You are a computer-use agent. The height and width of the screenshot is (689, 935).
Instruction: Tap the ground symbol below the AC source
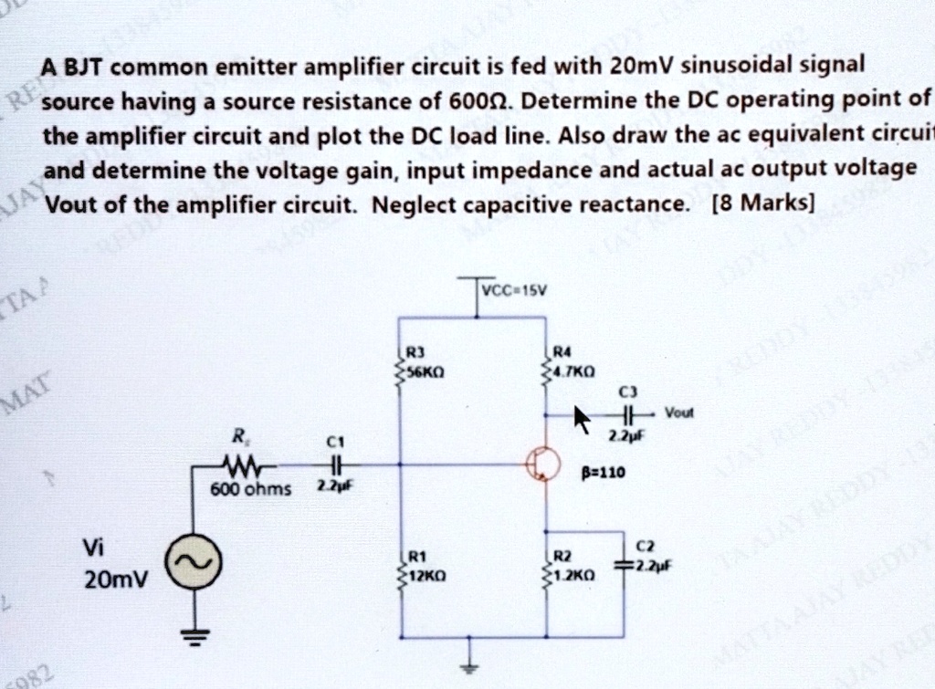coord(194,633)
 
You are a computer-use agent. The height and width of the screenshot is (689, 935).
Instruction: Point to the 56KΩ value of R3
coord(422,372)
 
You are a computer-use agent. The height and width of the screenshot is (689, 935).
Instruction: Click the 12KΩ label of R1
coord(423,578)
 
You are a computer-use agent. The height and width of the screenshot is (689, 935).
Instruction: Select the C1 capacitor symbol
coord(336,464)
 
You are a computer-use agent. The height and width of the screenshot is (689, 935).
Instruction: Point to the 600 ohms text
coord(251,489)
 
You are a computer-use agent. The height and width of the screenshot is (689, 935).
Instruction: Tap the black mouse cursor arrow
coord(582,421)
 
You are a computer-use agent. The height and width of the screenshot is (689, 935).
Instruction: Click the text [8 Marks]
coord(761,201)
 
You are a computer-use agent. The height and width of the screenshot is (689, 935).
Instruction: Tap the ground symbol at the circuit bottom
coord(472,664)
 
